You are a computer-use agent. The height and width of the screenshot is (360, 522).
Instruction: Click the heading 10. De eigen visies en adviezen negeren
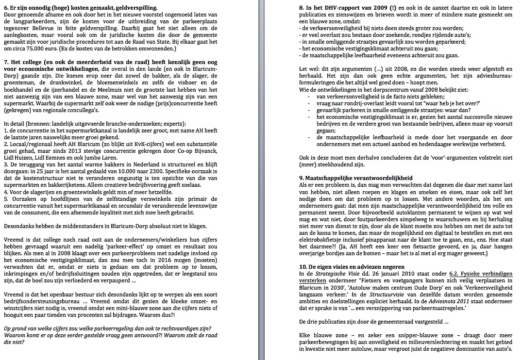click(x=346, y=267)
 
